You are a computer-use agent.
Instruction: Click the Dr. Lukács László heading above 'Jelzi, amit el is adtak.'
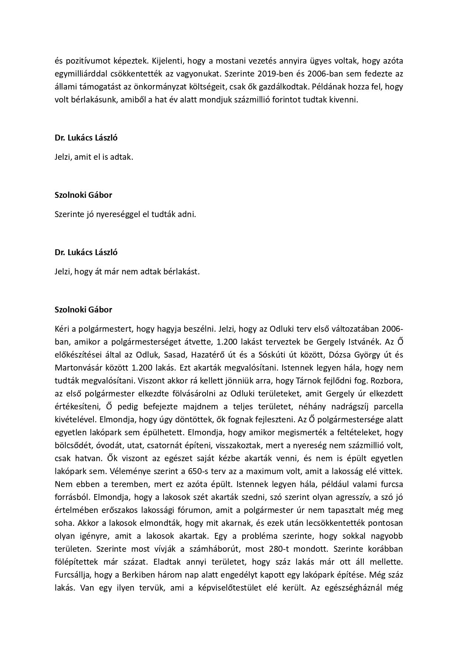point(86,138)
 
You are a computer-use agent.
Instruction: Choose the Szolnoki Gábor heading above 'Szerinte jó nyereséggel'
point(83,195)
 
